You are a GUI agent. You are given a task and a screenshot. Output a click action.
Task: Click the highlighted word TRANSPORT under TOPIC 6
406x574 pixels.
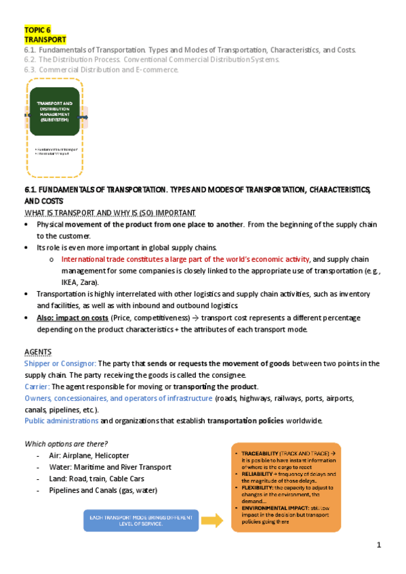coord(41,40)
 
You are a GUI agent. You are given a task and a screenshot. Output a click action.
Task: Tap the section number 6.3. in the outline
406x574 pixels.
coord(31,69)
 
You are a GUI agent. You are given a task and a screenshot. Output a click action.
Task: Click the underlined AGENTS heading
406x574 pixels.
coord(37,353)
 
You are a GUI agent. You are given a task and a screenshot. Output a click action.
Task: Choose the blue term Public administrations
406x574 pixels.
coord(62,421)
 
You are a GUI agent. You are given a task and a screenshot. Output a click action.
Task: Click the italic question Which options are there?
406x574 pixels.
coord(66,443)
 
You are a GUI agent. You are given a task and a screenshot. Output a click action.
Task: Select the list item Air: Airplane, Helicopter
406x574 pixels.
coord(89,456)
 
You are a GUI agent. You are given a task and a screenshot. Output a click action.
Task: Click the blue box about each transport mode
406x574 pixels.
coord(141,521)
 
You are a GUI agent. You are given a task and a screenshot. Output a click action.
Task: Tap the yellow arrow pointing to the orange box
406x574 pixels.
coord(211,521)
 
